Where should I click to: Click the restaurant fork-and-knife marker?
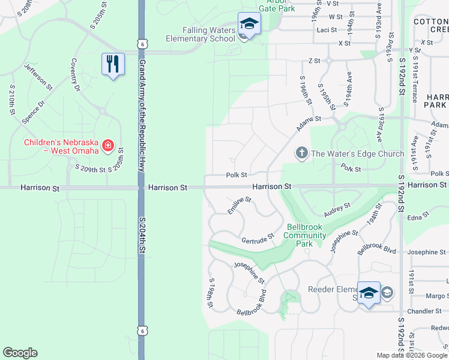click(113, 64)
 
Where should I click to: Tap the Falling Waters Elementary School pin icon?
click(249, 25)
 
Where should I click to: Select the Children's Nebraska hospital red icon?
click(107, 145)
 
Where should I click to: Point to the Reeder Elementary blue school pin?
click(369, 293)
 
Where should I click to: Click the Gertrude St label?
click(258, 238)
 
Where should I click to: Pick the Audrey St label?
click(337, 210)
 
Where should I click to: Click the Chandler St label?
click(424, 311)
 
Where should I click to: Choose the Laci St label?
click(327, 29)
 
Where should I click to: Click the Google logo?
click(20, 353)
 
